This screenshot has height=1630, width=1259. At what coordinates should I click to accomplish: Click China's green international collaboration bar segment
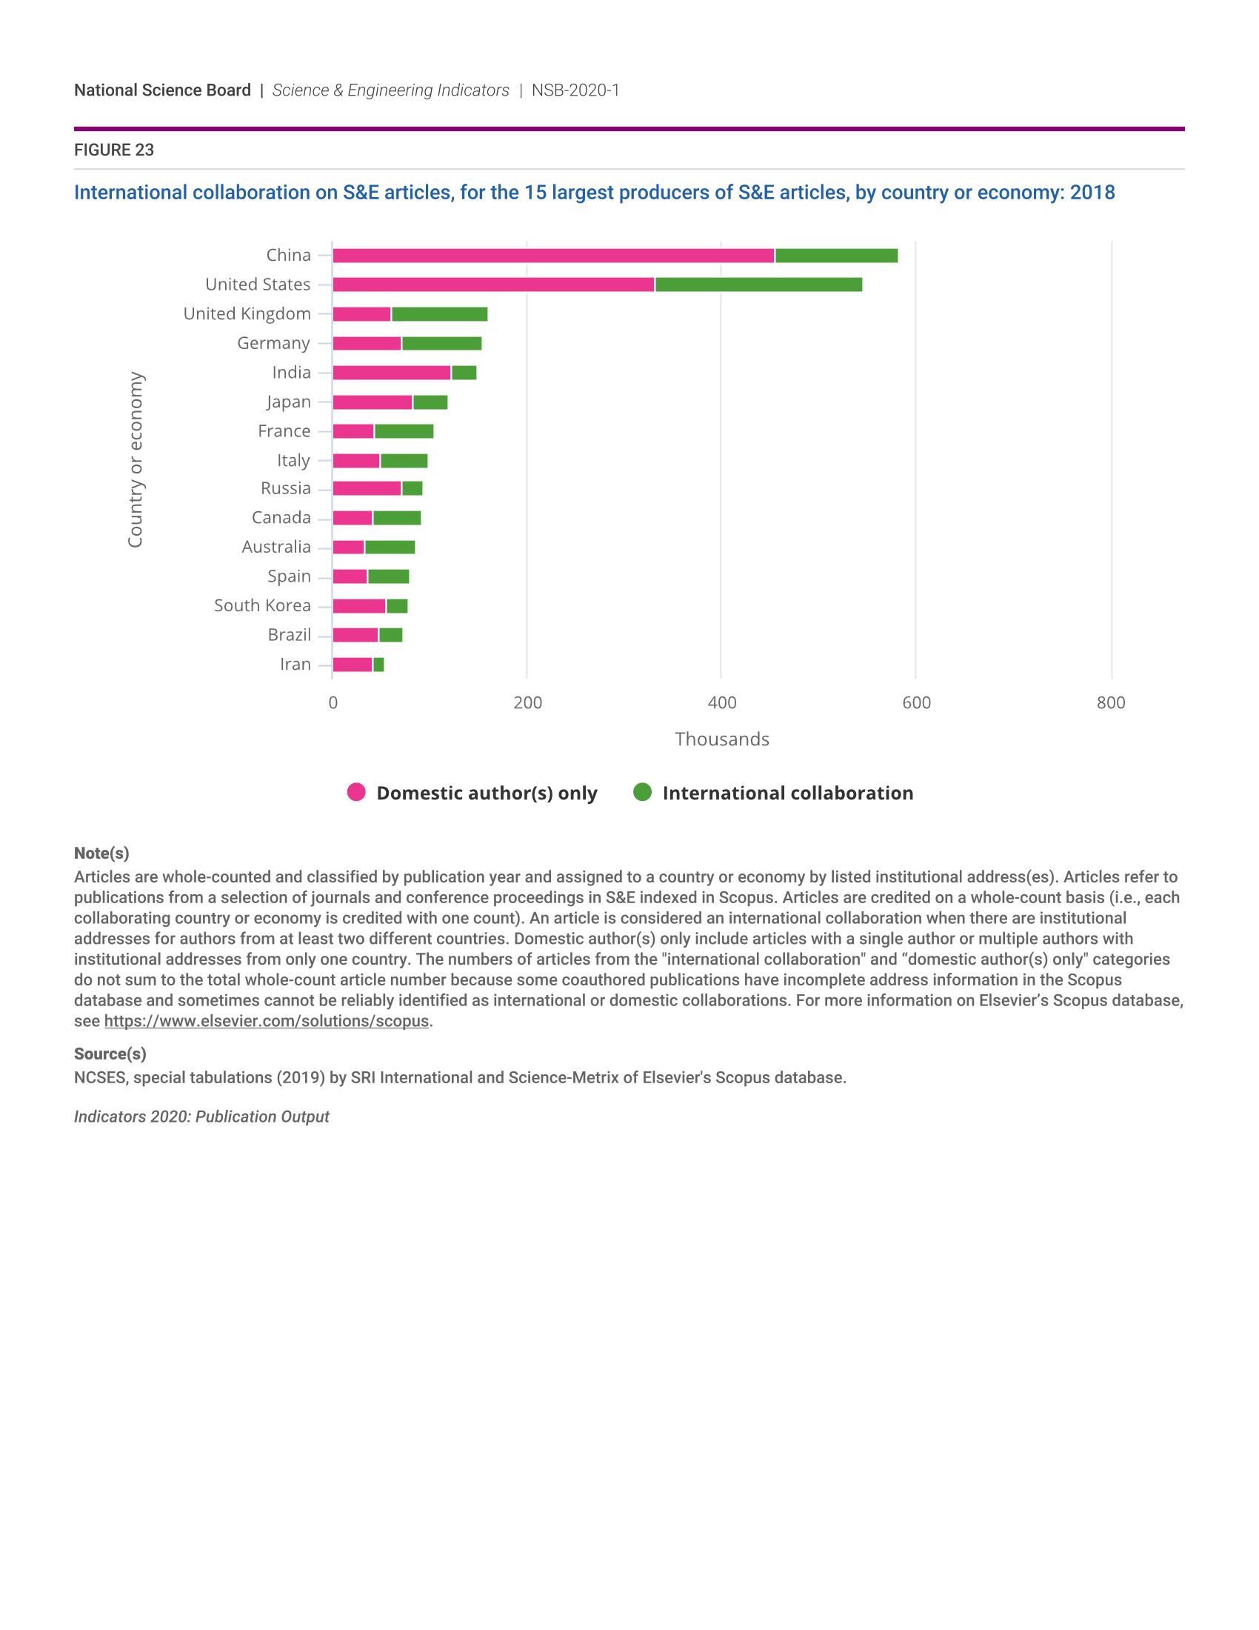836,256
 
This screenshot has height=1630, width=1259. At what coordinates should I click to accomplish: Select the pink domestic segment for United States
493,285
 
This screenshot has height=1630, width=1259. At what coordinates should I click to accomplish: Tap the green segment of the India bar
464,373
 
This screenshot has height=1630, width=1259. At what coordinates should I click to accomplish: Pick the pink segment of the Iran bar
352,665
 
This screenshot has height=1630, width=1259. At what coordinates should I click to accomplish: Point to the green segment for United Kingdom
439,314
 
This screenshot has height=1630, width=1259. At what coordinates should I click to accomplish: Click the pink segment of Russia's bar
366,489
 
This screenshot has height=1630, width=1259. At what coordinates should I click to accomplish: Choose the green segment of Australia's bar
390,547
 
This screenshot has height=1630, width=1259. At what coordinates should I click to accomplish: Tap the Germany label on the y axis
273,343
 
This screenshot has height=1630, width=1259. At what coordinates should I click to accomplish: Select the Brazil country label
289,634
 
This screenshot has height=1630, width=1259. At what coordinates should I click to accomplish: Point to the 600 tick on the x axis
916,702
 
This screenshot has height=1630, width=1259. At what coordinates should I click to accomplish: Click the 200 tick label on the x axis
527,702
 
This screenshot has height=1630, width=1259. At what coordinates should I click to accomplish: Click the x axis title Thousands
721,739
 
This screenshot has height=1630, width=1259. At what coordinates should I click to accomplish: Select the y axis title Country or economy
135,460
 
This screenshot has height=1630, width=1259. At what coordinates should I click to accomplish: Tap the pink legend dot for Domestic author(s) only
356,792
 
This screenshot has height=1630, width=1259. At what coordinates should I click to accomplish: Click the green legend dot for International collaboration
642,792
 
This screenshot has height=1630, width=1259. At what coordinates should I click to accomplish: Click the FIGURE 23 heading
114,150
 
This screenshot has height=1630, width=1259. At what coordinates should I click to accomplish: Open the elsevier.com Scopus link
267,1021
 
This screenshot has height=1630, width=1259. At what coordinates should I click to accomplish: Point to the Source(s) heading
110,1054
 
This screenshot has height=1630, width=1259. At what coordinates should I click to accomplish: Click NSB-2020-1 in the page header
575,90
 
